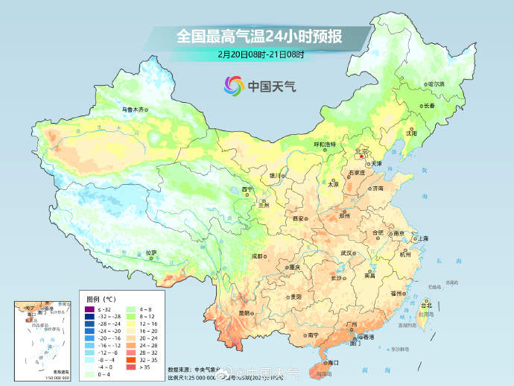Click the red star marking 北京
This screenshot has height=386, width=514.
(363, 156)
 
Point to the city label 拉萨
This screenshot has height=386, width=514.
(151, 253)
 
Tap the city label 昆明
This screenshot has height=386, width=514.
(244, 313)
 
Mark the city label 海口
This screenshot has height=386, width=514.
(332, 362)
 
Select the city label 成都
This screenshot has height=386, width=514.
(257, 256)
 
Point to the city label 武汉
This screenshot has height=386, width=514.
(346, 253)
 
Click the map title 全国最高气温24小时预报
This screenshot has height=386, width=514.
(257, 35)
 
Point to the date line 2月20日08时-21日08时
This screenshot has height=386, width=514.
(257, 54)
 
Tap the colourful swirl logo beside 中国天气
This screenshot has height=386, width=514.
(233, 86)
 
